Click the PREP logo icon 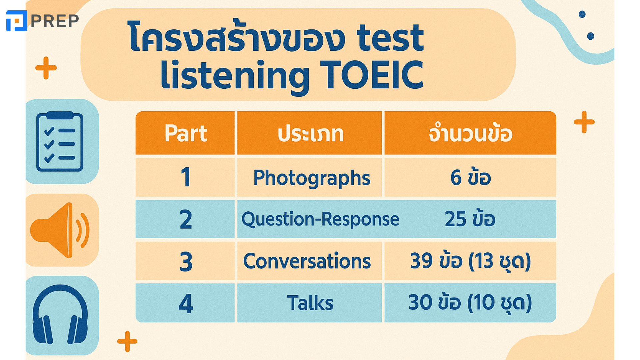coord(17,21)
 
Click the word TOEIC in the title coord(374,75)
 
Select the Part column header coord(185,133)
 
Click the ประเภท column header coord(310,133)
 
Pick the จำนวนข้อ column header coord(470,133)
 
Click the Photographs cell coord(310,177)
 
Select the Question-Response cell coord(320,219)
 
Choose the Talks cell coord(310,303)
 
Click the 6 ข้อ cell coord(470,177)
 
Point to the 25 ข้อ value coord(470,219)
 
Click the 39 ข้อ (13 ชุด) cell coord(470,261)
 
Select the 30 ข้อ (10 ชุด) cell coord(470,303)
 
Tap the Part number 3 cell coord(185,261)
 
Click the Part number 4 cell coord(185,303)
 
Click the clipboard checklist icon coord(60,141)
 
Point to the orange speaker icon coord(60,230)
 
